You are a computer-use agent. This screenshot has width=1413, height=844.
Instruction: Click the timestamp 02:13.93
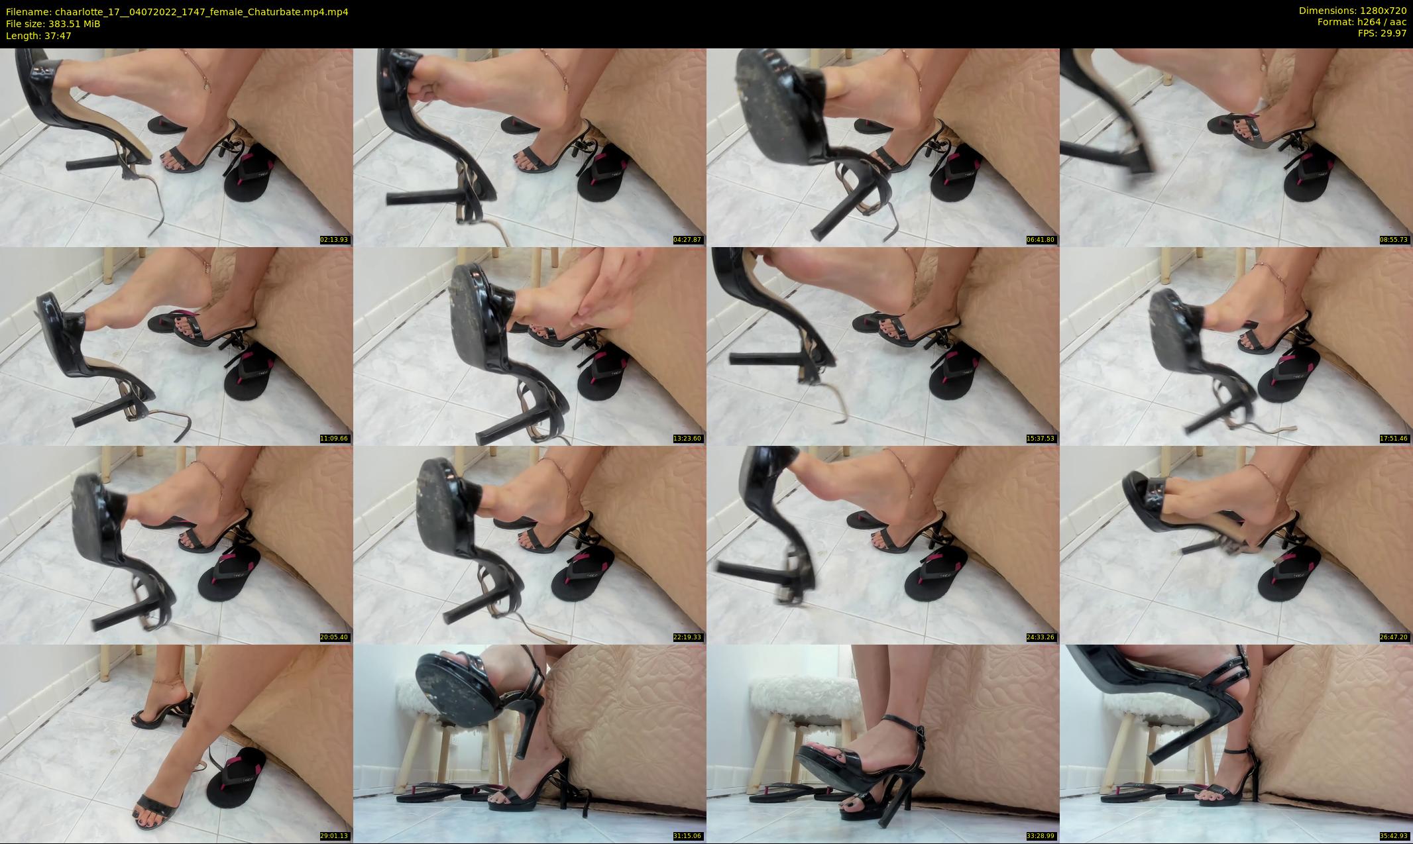coord(334,240)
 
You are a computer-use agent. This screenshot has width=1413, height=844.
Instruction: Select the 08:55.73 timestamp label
coord(1394,240)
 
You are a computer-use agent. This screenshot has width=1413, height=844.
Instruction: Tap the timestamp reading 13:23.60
coord(687,439)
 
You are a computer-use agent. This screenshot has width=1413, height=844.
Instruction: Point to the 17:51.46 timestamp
coord(1394,439)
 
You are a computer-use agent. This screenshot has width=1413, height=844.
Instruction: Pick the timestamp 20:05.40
coord(334,637)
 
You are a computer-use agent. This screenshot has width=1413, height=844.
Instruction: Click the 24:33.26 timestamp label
coord(1041,637)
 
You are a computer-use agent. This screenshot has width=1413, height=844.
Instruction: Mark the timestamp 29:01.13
coord(334,836)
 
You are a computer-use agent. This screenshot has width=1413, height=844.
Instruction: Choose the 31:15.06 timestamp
coord(687,836)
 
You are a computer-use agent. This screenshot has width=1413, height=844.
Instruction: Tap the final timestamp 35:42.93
coord(1394,836)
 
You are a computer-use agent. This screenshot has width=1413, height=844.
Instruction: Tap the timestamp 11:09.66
coord(334,439)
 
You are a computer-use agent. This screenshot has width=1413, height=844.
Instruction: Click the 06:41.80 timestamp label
coord(1041,240)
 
